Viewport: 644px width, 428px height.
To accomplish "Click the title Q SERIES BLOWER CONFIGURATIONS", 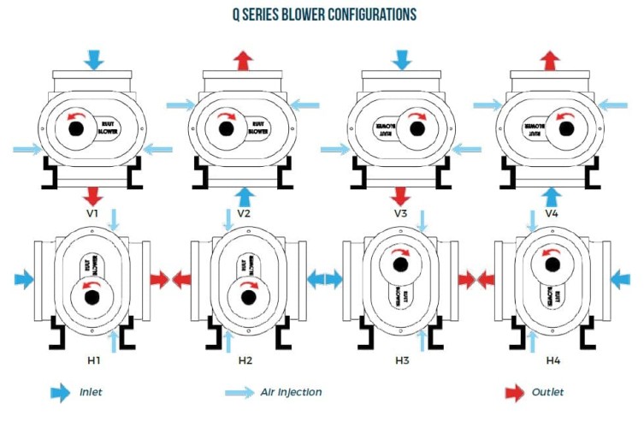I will pos(322,15).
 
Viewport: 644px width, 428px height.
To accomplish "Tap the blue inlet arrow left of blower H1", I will pos(25,279).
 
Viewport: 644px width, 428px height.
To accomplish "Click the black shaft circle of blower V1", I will pos(76,128).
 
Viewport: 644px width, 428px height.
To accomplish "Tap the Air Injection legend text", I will pos(291,393).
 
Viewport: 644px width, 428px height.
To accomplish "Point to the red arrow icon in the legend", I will pos(515,393).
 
